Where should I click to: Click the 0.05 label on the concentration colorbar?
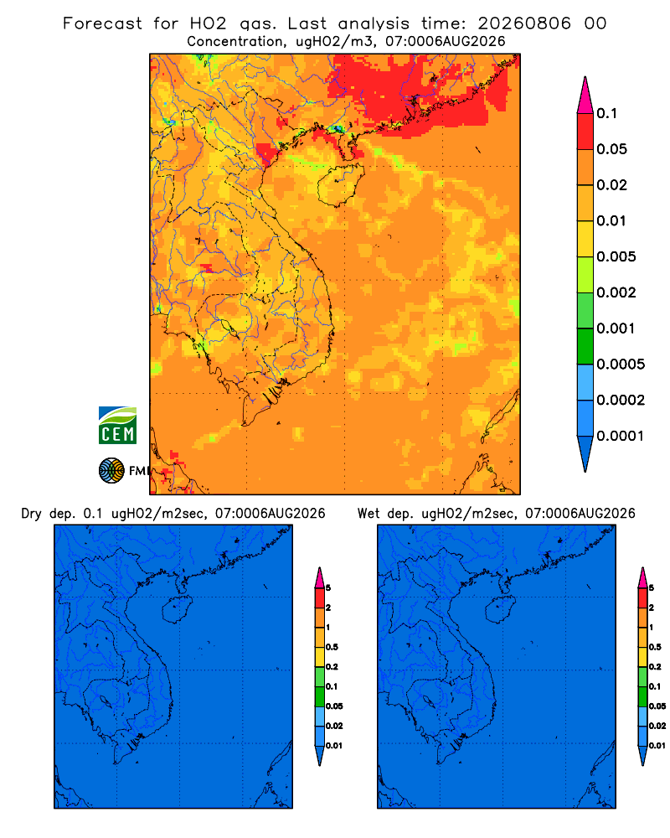(x=611, y=149)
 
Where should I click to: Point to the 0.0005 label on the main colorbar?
(x=621, y=365)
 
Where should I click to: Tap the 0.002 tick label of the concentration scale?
(x=616, y=292)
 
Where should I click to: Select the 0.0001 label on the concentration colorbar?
(x=621, y=436)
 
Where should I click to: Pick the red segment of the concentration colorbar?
(x=585, y=132)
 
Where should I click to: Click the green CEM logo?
(x=117, y=426)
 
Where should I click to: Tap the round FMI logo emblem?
(x=111, y=471)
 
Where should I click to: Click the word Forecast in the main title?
(x=102, y=23)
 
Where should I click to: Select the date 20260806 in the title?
(x=524, y=23)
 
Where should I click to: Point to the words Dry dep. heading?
(x=48, y=514)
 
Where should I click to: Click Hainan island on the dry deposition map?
(x=177, y=610)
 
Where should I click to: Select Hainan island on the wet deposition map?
(x=500, y=610)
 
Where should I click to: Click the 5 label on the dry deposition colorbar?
(x=328, y=588)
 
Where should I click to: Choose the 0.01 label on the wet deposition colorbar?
(x=657, y=746)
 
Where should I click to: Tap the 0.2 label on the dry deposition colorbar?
(x=332, y=667)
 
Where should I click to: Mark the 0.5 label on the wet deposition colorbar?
(x=655, y=647)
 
